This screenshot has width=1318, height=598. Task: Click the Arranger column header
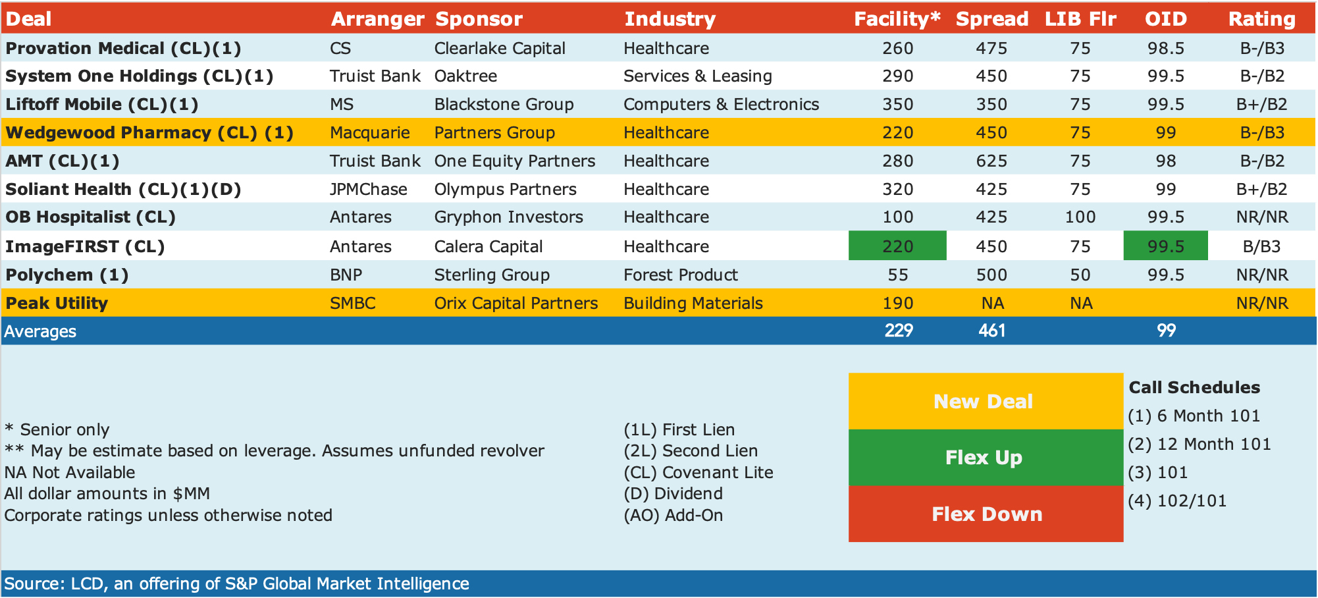(377, 19)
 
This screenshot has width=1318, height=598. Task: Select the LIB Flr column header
(1080, 19)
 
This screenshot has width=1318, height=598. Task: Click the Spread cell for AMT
(991, 161)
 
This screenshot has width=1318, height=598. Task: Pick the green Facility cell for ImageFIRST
(897, 246)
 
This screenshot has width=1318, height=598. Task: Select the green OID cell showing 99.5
(1165, 246)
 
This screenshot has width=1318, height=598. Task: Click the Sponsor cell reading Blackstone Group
(504, 104)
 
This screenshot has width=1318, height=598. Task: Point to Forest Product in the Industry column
(681, 275)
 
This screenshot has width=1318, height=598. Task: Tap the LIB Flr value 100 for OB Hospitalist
(1080, 217)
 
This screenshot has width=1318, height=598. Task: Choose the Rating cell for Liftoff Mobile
(1262, 104)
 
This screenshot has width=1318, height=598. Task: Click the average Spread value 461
(991, 331)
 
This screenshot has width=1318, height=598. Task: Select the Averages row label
(40, 331)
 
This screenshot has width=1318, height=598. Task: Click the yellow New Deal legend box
(986, 401)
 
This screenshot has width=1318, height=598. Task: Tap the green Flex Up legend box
(986, 458)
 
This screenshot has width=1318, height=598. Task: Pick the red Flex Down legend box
(986, 514)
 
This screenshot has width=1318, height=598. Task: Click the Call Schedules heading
(1194, 387)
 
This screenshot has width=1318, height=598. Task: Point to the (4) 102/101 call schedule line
(1177, 501)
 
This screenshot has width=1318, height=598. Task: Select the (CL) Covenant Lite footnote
(698, 472)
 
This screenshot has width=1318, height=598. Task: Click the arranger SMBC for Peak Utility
(353, 303)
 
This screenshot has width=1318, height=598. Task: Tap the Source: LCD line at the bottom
(236, 584)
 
